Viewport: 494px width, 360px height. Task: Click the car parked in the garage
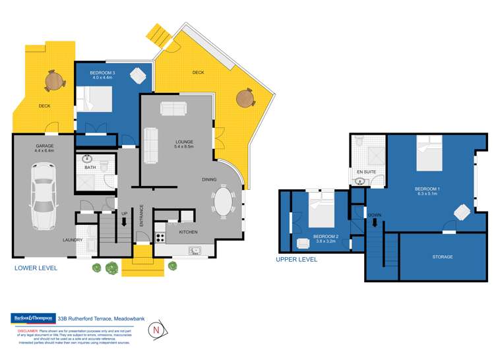(40, 196)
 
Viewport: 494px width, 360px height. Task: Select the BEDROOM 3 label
(92, 72)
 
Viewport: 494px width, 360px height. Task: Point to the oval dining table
(224, 202)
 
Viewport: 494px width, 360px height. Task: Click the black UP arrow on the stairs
(124, 222)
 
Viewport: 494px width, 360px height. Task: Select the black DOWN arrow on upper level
(375, 222)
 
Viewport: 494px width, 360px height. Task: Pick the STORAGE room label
(442, 256)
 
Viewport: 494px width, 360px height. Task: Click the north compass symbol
(156, 328)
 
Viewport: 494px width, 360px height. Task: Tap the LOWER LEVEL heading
(36, 268)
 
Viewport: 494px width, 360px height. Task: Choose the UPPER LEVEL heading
(296, 260)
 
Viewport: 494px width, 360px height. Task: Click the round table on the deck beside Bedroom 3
(53, 81)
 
